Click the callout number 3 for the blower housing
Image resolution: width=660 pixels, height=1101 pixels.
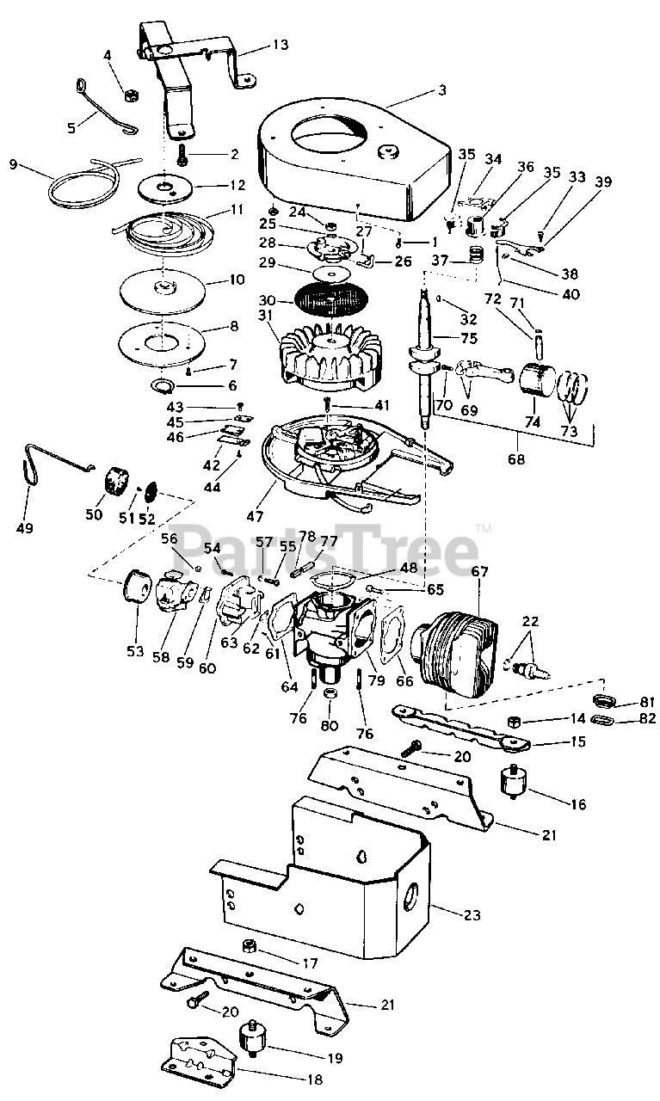pos(441,89)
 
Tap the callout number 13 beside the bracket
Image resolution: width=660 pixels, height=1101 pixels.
pos(281,45)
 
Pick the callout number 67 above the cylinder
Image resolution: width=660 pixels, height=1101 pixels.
pos(479,571)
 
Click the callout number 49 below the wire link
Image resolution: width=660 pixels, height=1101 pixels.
pos(25,527)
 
